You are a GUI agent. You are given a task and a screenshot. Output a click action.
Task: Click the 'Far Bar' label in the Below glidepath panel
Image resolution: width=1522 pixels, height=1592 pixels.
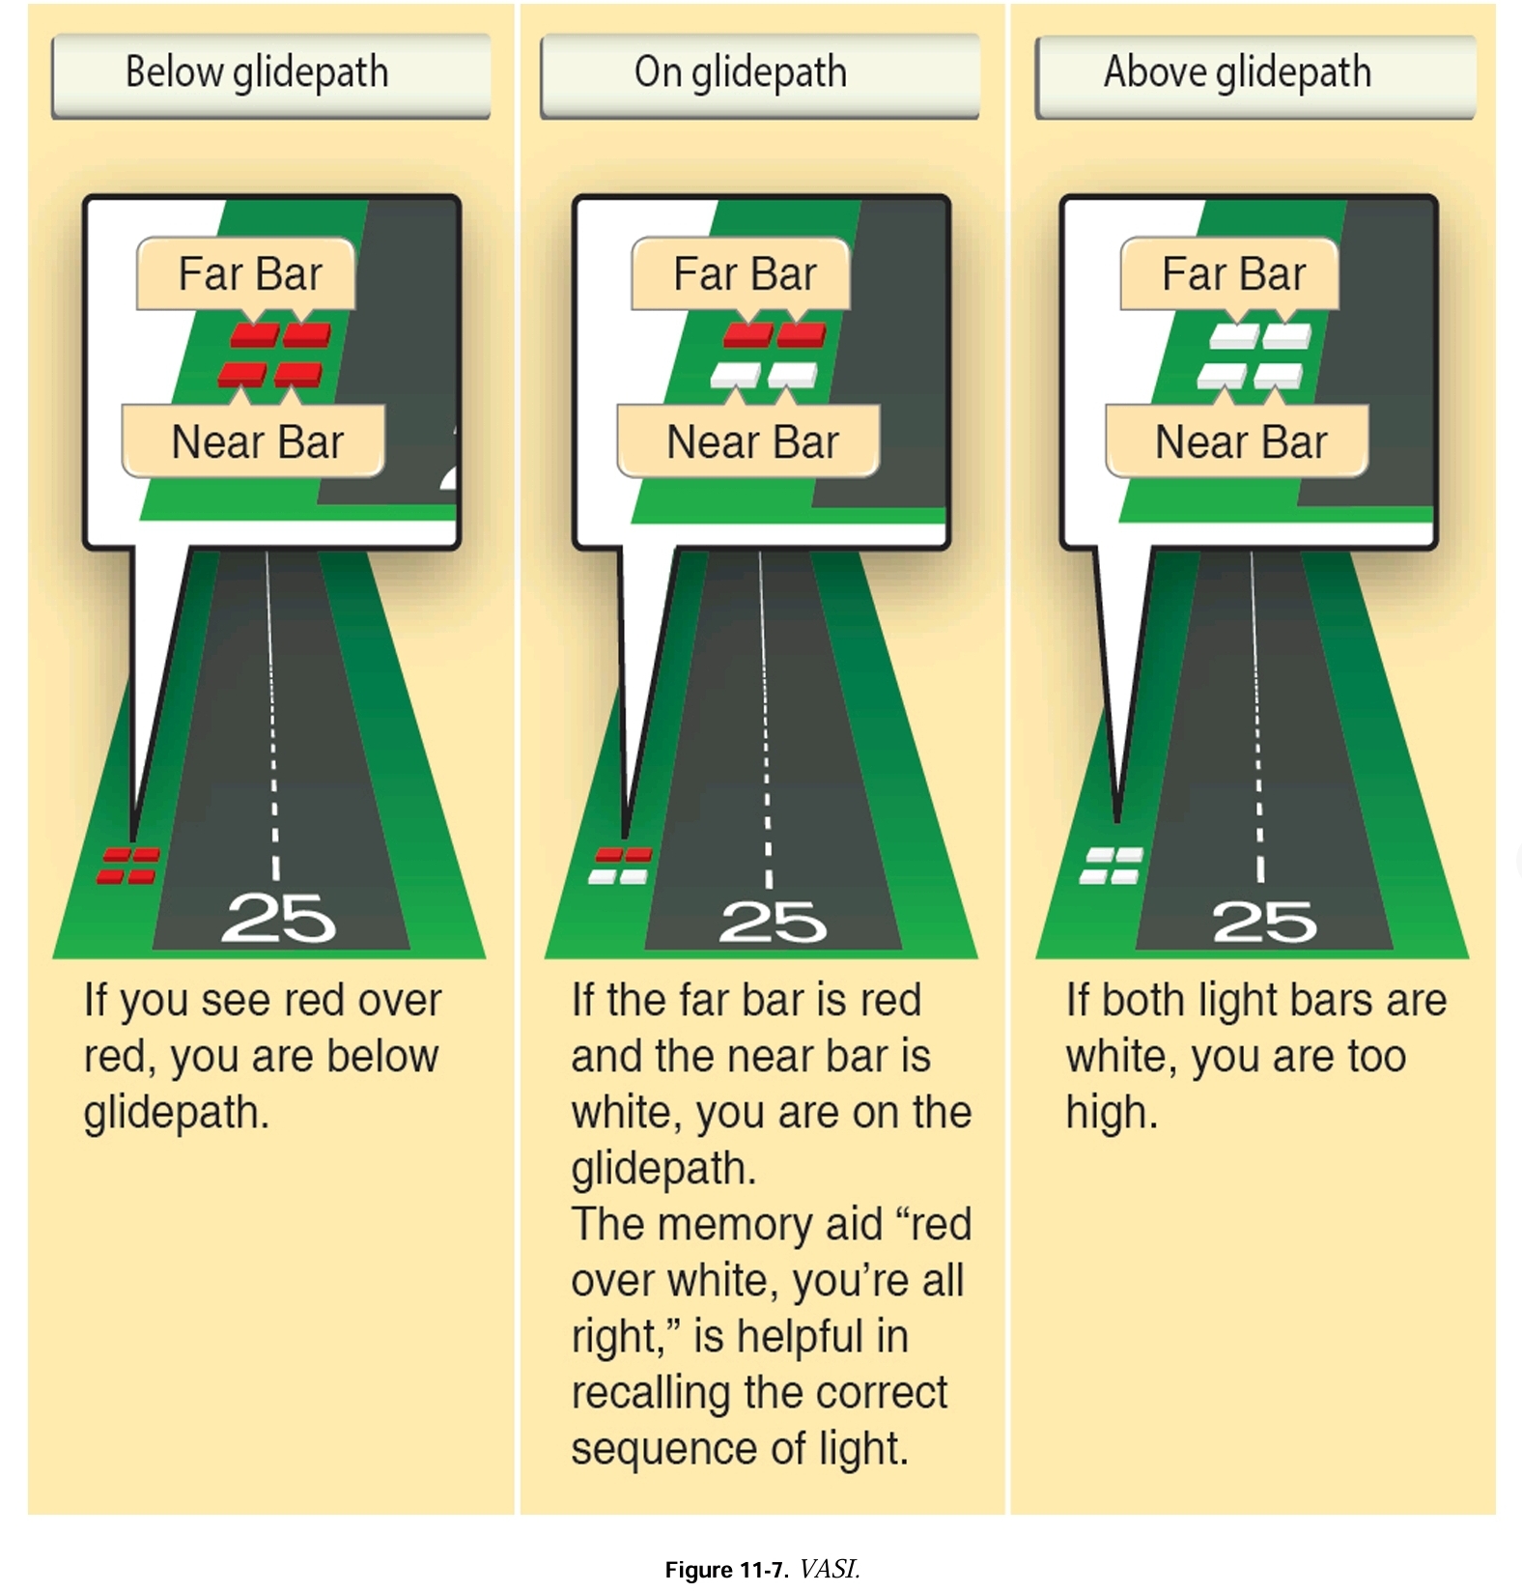tap(248, 274)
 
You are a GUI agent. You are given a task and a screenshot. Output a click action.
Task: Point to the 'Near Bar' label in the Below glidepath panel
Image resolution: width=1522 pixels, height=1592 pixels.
tap(256, 442)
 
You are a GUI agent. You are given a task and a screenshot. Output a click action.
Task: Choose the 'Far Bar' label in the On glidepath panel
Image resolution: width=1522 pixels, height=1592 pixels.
tap(744, 274)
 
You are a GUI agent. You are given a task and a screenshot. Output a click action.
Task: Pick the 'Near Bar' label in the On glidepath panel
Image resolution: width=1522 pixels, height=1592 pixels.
tap(751, 442)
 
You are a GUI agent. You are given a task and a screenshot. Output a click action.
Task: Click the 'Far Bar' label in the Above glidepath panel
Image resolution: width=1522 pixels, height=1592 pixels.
tap(1232, 274)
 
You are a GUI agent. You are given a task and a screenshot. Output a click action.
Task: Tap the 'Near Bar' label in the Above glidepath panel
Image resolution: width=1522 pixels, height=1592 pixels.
tap(1240, 442)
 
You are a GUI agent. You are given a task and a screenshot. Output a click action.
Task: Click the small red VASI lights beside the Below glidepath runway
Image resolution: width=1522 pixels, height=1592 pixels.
tap(128, 866)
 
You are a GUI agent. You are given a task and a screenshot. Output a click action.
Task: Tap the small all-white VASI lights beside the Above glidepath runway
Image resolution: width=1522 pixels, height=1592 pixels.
tap(1112, 866)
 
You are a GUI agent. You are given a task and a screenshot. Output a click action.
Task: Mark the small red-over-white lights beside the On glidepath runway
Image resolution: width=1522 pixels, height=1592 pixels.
tap(620, 866)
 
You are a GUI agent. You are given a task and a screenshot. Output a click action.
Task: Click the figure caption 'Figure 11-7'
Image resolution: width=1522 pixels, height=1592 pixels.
tap(726, 1570)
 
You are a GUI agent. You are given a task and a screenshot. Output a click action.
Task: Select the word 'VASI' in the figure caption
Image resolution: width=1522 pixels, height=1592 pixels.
tap(829, 1569)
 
